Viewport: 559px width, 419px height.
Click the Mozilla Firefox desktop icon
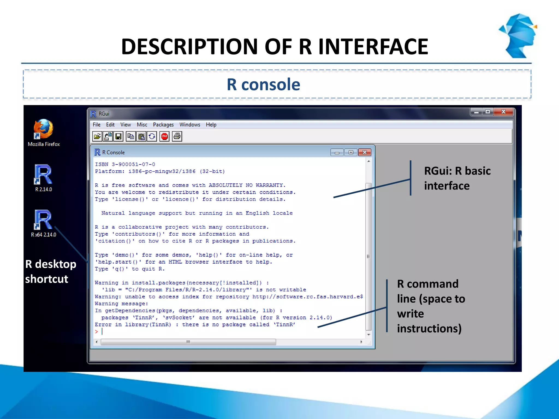tap(43, 129)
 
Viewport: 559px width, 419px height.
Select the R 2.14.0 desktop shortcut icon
tap(43, 175)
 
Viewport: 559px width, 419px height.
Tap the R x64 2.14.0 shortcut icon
tap(43, 220)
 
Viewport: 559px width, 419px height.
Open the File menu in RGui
tap(96, 125)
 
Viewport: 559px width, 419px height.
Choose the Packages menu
tap(163, 125)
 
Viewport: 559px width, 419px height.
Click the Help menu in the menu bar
tap(211, 125)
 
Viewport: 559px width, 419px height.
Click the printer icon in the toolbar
tap(177, 136)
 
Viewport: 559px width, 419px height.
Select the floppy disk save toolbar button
tap(118, 136)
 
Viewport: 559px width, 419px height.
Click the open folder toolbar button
tap(97, 136)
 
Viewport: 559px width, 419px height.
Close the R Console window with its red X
tap(365, 152)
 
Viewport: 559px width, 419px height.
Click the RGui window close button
tap(504, 112)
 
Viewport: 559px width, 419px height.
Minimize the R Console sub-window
tap(337, 152)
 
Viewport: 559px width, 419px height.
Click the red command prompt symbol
tap(96, 331)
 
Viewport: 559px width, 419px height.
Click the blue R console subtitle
tap(263, 84)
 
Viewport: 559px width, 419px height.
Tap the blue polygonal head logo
tap(519, 35)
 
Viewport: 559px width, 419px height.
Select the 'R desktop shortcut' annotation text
tap(50, 271)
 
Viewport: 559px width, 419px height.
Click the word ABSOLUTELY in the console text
tap(225, 185)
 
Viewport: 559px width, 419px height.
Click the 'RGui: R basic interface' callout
tap(457, 178)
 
